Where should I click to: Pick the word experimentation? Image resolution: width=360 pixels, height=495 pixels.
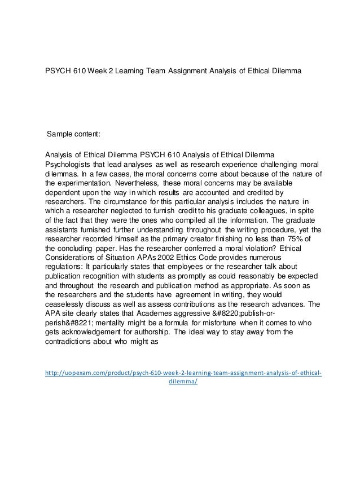point(80,184)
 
